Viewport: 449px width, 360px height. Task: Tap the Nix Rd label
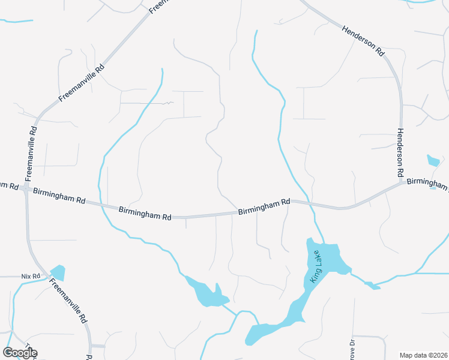pyautogui.click(x=30, y=276)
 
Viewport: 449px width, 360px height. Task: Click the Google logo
pyautogui.click(x=20, y=353)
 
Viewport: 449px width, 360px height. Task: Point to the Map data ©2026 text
pyautogui.click(x=423, y=355)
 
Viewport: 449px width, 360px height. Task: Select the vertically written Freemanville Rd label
pyautogui.click(x=31, y=153)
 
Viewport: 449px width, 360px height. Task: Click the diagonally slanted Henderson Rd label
pyautogui.click(x=363, y=41)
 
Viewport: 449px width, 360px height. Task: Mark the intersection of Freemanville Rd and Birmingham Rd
pyautogui.click(x=26, y=188)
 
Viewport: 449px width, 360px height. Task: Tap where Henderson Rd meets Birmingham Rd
pyautogui.click(x=401, y=181)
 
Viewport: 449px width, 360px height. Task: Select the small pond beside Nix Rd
pyautogui.click(x=58, y=273)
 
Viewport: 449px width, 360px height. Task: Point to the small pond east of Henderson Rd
pyautogui.click(x=433, y=161)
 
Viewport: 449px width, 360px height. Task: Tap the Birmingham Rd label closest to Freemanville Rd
pyautogui.click(x=59, y=196)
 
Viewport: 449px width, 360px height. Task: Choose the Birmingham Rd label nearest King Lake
pyautogui.click(x=264, y=208)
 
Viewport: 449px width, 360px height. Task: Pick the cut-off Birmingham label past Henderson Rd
pyautogui.click(x=427, y=184)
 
